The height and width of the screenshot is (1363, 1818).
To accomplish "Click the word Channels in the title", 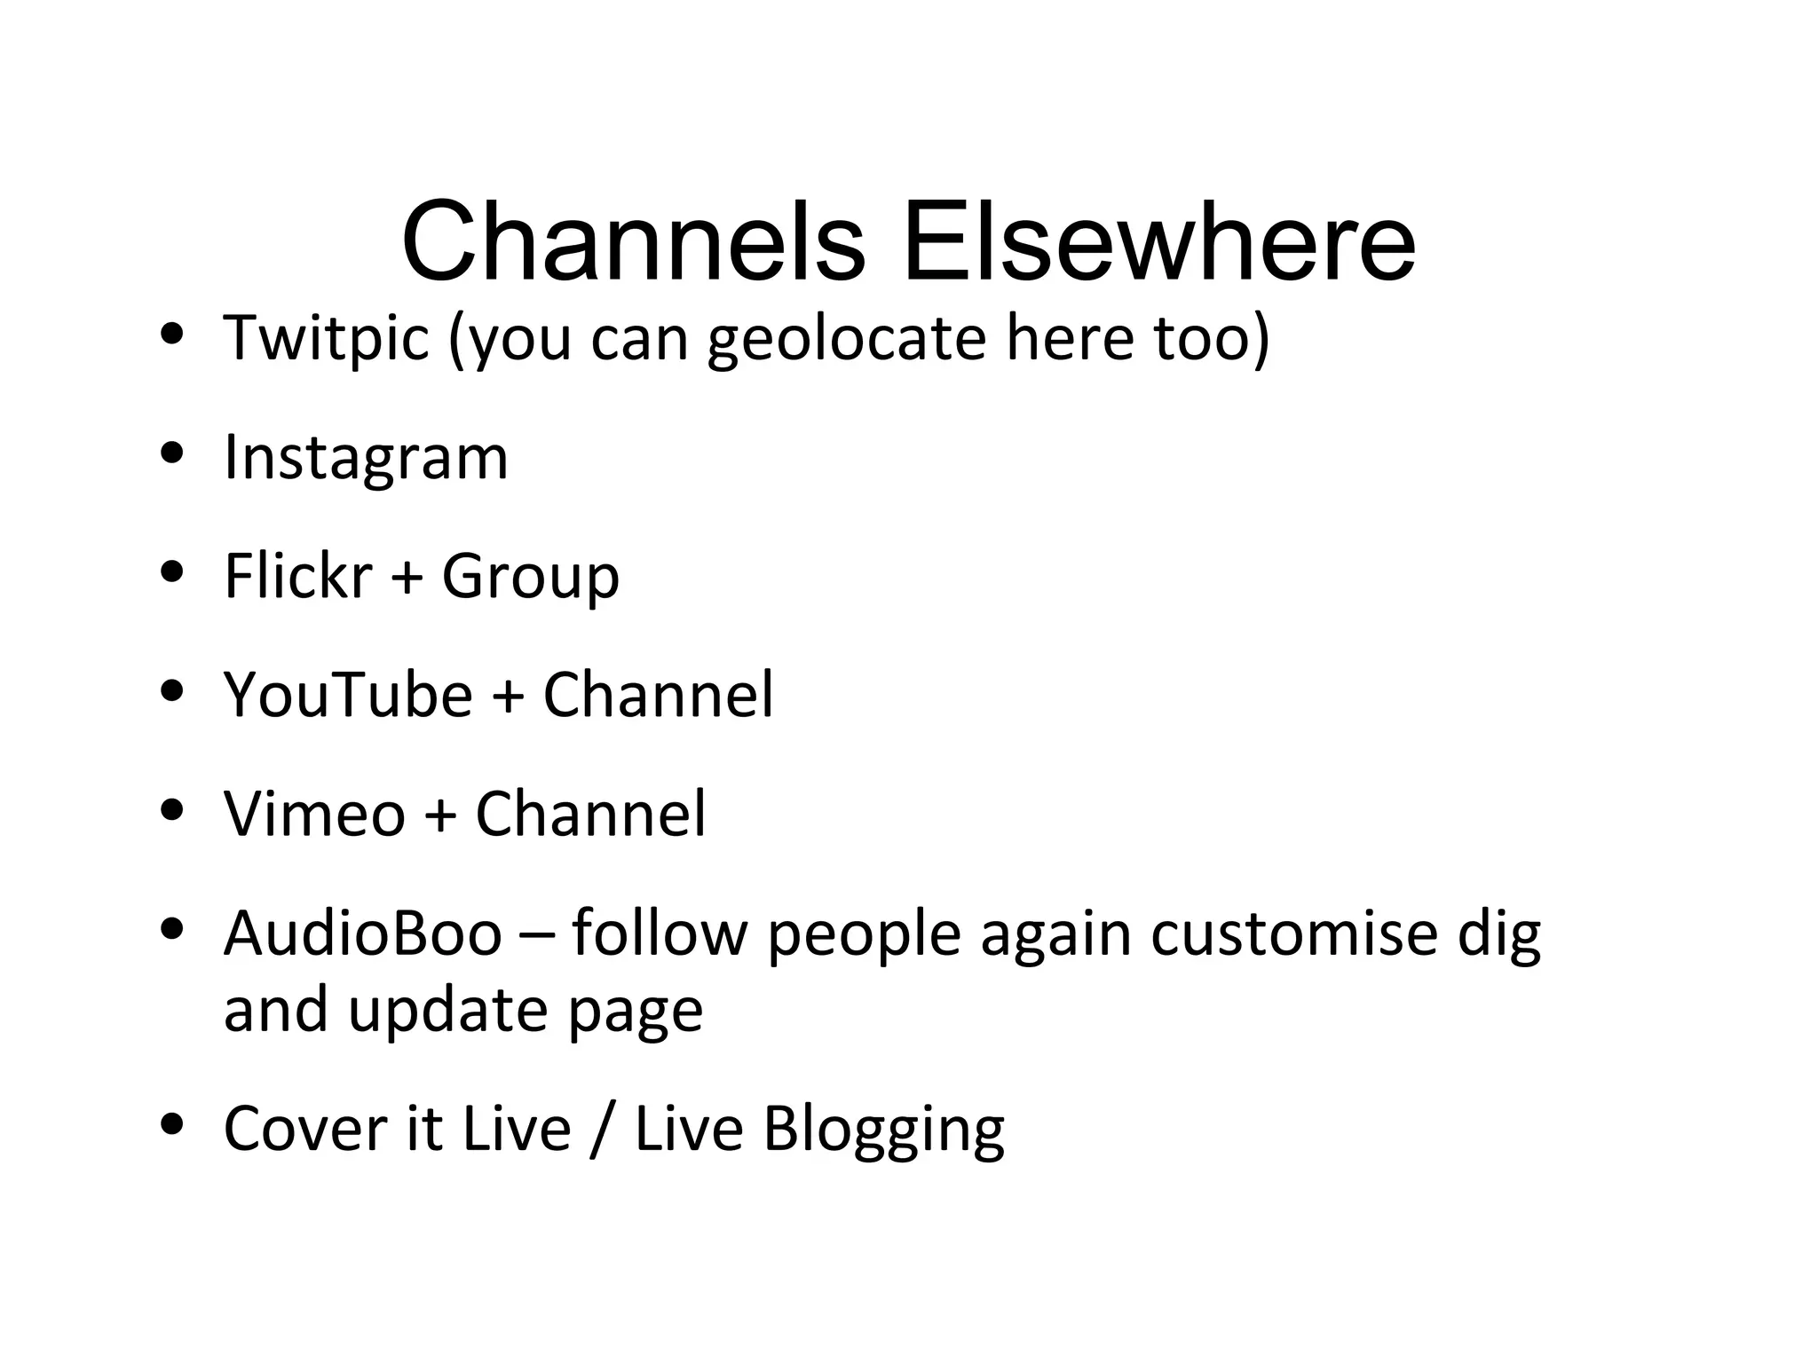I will point(632,241).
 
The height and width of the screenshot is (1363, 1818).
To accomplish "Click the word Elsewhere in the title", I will point(1158,241).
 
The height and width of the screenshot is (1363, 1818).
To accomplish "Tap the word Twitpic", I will point(326,338).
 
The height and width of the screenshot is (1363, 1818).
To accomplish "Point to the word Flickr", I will point(297,576).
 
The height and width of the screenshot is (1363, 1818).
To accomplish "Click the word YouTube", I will point(348,695).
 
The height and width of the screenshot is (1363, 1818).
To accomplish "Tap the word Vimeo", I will point(314,814).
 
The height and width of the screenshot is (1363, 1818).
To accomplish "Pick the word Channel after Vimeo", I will point(590,814).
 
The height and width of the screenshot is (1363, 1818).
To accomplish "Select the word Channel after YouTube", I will point(658,695).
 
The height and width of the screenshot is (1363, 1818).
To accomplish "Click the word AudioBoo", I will point(362,934).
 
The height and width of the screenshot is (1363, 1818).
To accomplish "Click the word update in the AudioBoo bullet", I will point(447,1011).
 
